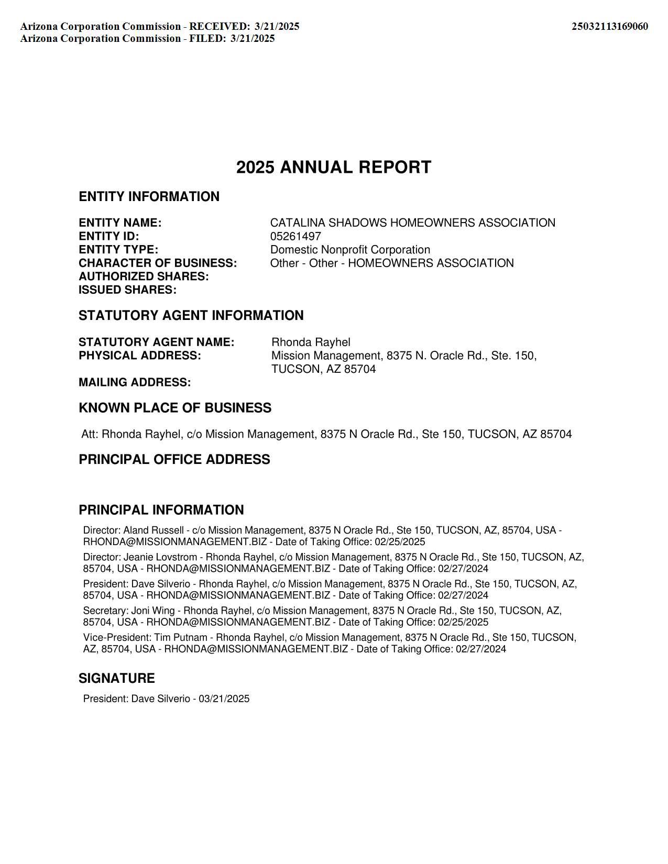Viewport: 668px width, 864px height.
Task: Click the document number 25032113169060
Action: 609,26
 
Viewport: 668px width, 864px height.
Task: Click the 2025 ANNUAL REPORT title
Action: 334,168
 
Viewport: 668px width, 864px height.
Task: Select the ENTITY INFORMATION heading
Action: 149,197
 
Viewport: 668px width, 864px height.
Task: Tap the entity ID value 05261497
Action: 295,237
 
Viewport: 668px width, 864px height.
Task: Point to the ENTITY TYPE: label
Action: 118,250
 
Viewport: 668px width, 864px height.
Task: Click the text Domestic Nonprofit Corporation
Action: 350,250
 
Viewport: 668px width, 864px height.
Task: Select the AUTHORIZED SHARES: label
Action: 144,276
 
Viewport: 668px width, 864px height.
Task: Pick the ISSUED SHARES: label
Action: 127,290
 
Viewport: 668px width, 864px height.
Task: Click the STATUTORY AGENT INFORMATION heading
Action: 191,316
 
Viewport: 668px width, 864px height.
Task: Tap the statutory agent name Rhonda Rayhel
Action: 311,342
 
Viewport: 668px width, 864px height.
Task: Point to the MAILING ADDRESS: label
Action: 135,383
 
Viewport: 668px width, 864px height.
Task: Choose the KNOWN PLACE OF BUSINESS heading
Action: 175,408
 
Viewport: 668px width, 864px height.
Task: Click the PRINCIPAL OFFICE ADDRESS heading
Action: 174,460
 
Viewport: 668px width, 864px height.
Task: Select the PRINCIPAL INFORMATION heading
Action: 161,511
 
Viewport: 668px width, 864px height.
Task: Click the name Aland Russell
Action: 154,530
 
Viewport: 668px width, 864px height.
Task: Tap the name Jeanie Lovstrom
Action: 160,557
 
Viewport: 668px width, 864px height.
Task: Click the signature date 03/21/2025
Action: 224,699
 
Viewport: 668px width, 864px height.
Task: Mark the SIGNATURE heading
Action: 117,679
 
